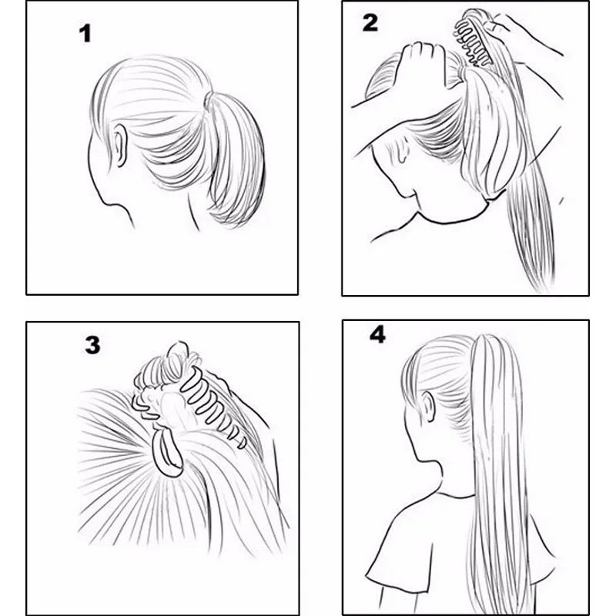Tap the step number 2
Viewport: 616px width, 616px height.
[x=370, y=22]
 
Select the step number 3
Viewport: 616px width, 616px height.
[x=92, y=345]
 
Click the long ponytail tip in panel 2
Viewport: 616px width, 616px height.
[x=539, y=277]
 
